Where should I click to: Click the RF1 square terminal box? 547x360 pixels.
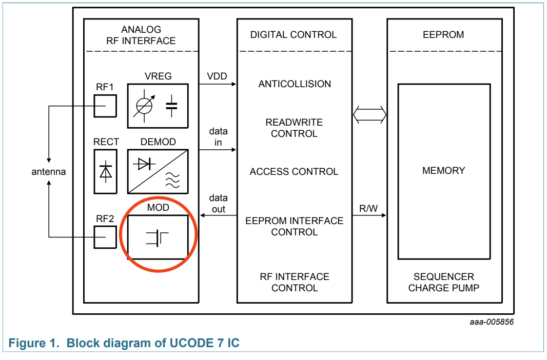[105, 106]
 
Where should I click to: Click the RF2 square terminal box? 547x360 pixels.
[105, 237]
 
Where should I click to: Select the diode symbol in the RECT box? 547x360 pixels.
[106, 171]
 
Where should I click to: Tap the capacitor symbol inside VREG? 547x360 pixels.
[171, 106]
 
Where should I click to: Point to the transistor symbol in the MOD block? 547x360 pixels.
[157, 237]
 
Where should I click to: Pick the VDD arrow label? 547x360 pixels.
[217, 76]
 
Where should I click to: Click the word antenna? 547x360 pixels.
[49, 172]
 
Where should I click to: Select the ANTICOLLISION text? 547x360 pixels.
[295, 84]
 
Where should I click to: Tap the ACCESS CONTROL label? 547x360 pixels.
[294, 172]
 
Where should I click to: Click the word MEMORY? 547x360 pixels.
[443, 170]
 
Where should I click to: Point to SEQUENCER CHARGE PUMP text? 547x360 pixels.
[443, 282]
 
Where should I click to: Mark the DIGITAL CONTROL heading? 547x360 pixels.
[294, 35]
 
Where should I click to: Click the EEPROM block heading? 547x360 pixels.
[443, 35]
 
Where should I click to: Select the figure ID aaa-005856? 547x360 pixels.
[491, 322]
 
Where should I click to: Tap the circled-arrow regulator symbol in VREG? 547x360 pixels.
[144, 106]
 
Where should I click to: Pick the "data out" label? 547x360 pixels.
[218, 204]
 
